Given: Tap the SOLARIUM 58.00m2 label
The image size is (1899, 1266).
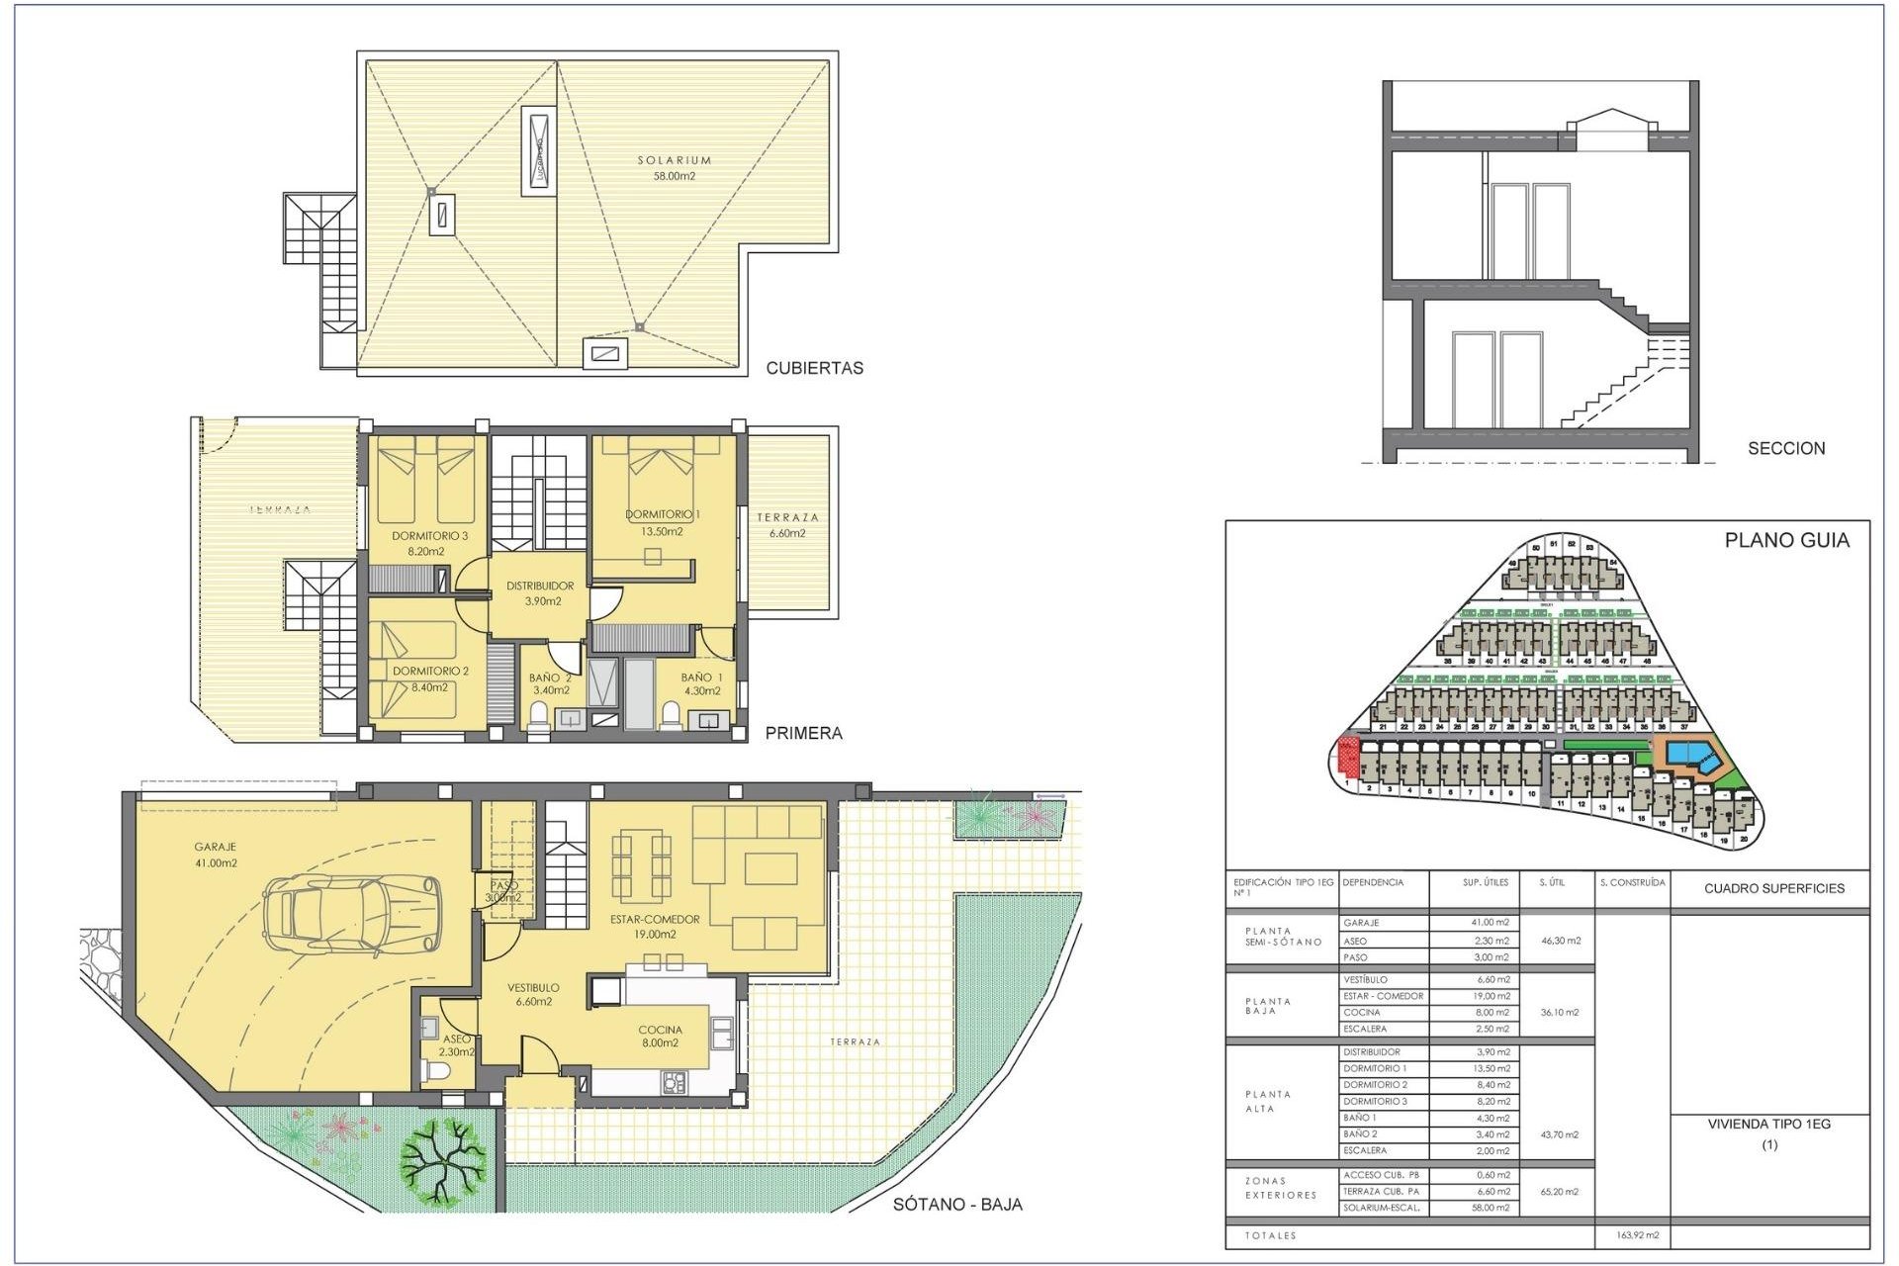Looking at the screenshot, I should pyautogui.click(x=674, y=168).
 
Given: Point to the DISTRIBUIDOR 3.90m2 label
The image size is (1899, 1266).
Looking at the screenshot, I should pyautogui.click(x=540, y=593).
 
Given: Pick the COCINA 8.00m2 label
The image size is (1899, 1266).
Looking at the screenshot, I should pyautogui.click(x=660, y=1036).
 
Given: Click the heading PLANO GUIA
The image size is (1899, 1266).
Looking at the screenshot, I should pyautogui.click(x=1786, y=540).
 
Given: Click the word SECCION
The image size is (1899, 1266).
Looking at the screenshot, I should pyautogui.click(x=1785, y=448).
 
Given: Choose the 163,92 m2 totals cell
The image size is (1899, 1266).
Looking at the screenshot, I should pyautogui.click(x=1637, y=1235).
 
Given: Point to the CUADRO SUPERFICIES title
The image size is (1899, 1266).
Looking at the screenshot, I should pyautogui.click(x=1773, y=888).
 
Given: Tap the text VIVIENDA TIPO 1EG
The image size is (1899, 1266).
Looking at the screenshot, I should pyautogui.click(x=1768, y=1124).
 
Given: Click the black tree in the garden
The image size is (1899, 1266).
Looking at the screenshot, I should pyautogui.click(x=442, y=1159).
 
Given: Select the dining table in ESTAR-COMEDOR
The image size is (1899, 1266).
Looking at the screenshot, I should pyautogui.click(x=641, y=866).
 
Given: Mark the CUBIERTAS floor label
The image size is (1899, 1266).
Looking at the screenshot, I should pyautogui.click(x=814, y=368).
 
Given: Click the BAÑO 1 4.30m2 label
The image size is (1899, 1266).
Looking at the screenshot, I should pyautogui.click(x=701, y=684).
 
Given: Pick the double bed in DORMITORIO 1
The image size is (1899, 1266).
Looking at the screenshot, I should pyautogui.click(x=661, y=480).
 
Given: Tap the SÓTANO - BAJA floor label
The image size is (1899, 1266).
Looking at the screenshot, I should pyautogui.click(x=956, y=1204).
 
